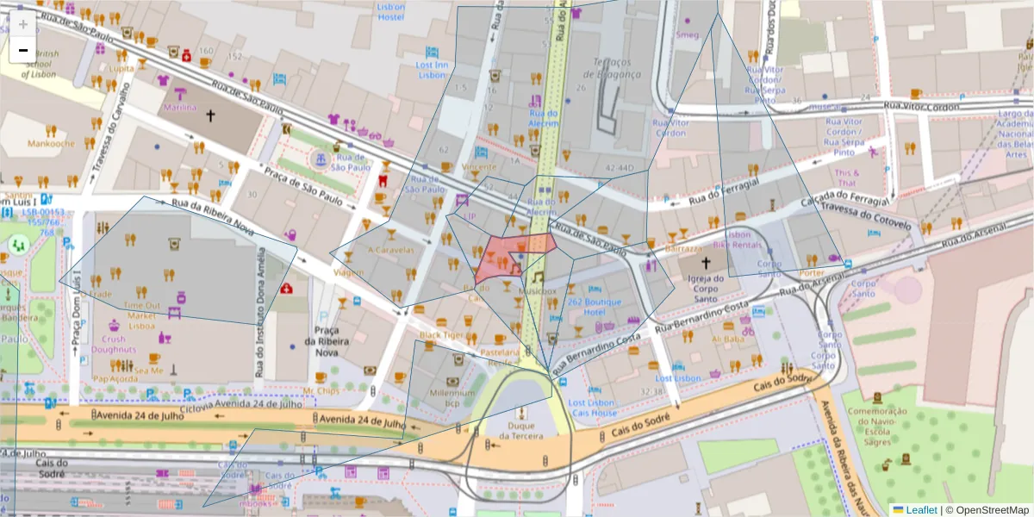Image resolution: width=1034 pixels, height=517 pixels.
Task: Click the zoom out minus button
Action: coord(23,50)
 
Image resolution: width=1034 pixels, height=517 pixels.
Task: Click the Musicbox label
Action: coord(538,292)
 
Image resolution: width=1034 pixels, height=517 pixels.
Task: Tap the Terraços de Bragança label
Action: coord(618,68)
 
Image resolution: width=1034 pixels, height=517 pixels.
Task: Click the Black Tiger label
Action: coord(441,334)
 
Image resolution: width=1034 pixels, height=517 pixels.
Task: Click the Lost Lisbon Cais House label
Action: coord(592,408)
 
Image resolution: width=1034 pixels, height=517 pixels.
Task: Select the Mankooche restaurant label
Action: coord(52,144)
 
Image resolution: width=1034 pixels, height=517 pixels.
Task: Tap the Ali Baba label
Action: coord(728,339)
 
